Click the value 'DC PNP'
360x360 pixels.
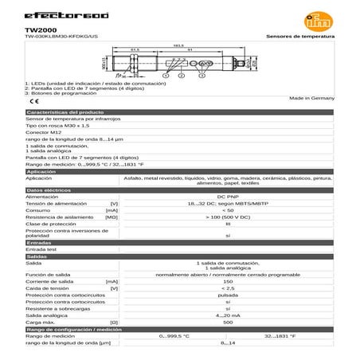[228, 197]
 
